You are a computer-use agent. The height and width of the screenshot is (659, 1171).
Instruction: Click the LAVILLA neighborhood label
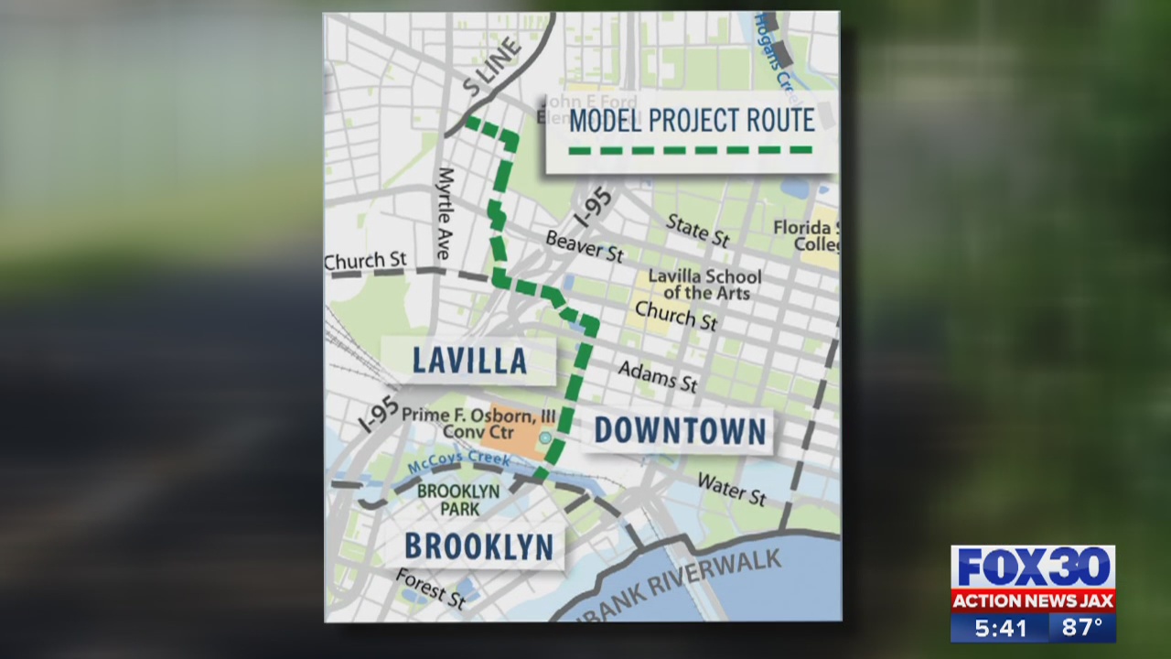[x=469, y=360]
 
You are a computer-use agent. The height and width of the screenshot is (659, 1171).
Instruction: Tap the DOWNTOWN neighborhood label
[x=680, y=431]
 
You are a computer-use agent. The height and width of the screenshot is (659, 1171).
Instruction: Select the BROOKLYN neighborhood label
[x=478, y=546]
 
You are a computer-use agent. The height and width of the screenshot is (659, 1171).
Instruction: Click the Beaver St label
[x=584, y=245]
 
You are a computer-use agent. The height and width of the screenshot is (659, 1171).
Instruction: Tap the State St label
[x=697, y=230]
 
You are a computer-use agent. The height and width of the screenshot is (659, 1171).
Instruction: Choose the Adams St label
[x=658, y=375]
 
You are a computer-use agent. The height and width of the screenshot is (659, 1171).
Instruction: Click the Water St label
[x=731, y=489]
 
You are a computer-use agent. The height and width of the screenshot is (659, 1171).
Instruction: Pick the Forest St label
[x=431, y=588]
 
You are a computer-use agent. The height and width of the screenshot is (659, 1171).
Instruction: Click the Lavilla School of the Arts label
[x=704, y=284]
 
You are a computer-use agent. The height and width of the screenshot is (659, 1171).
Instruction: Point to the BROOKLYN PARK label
[x=458, y=499]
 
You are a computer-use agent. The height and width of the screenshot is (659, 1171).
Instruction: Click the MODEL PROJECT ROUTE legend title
[x=691, y=120]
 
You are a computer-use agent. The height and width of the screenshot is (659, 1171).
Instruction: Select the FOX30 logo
[x=1033, y=567]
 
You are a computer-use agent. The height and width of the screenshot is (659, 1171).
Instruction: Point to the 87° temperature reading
[x=1082, y=628]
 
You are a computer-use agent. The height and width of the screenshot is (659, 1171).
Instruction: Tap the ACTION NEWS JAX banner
[x=1033, y=600]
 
